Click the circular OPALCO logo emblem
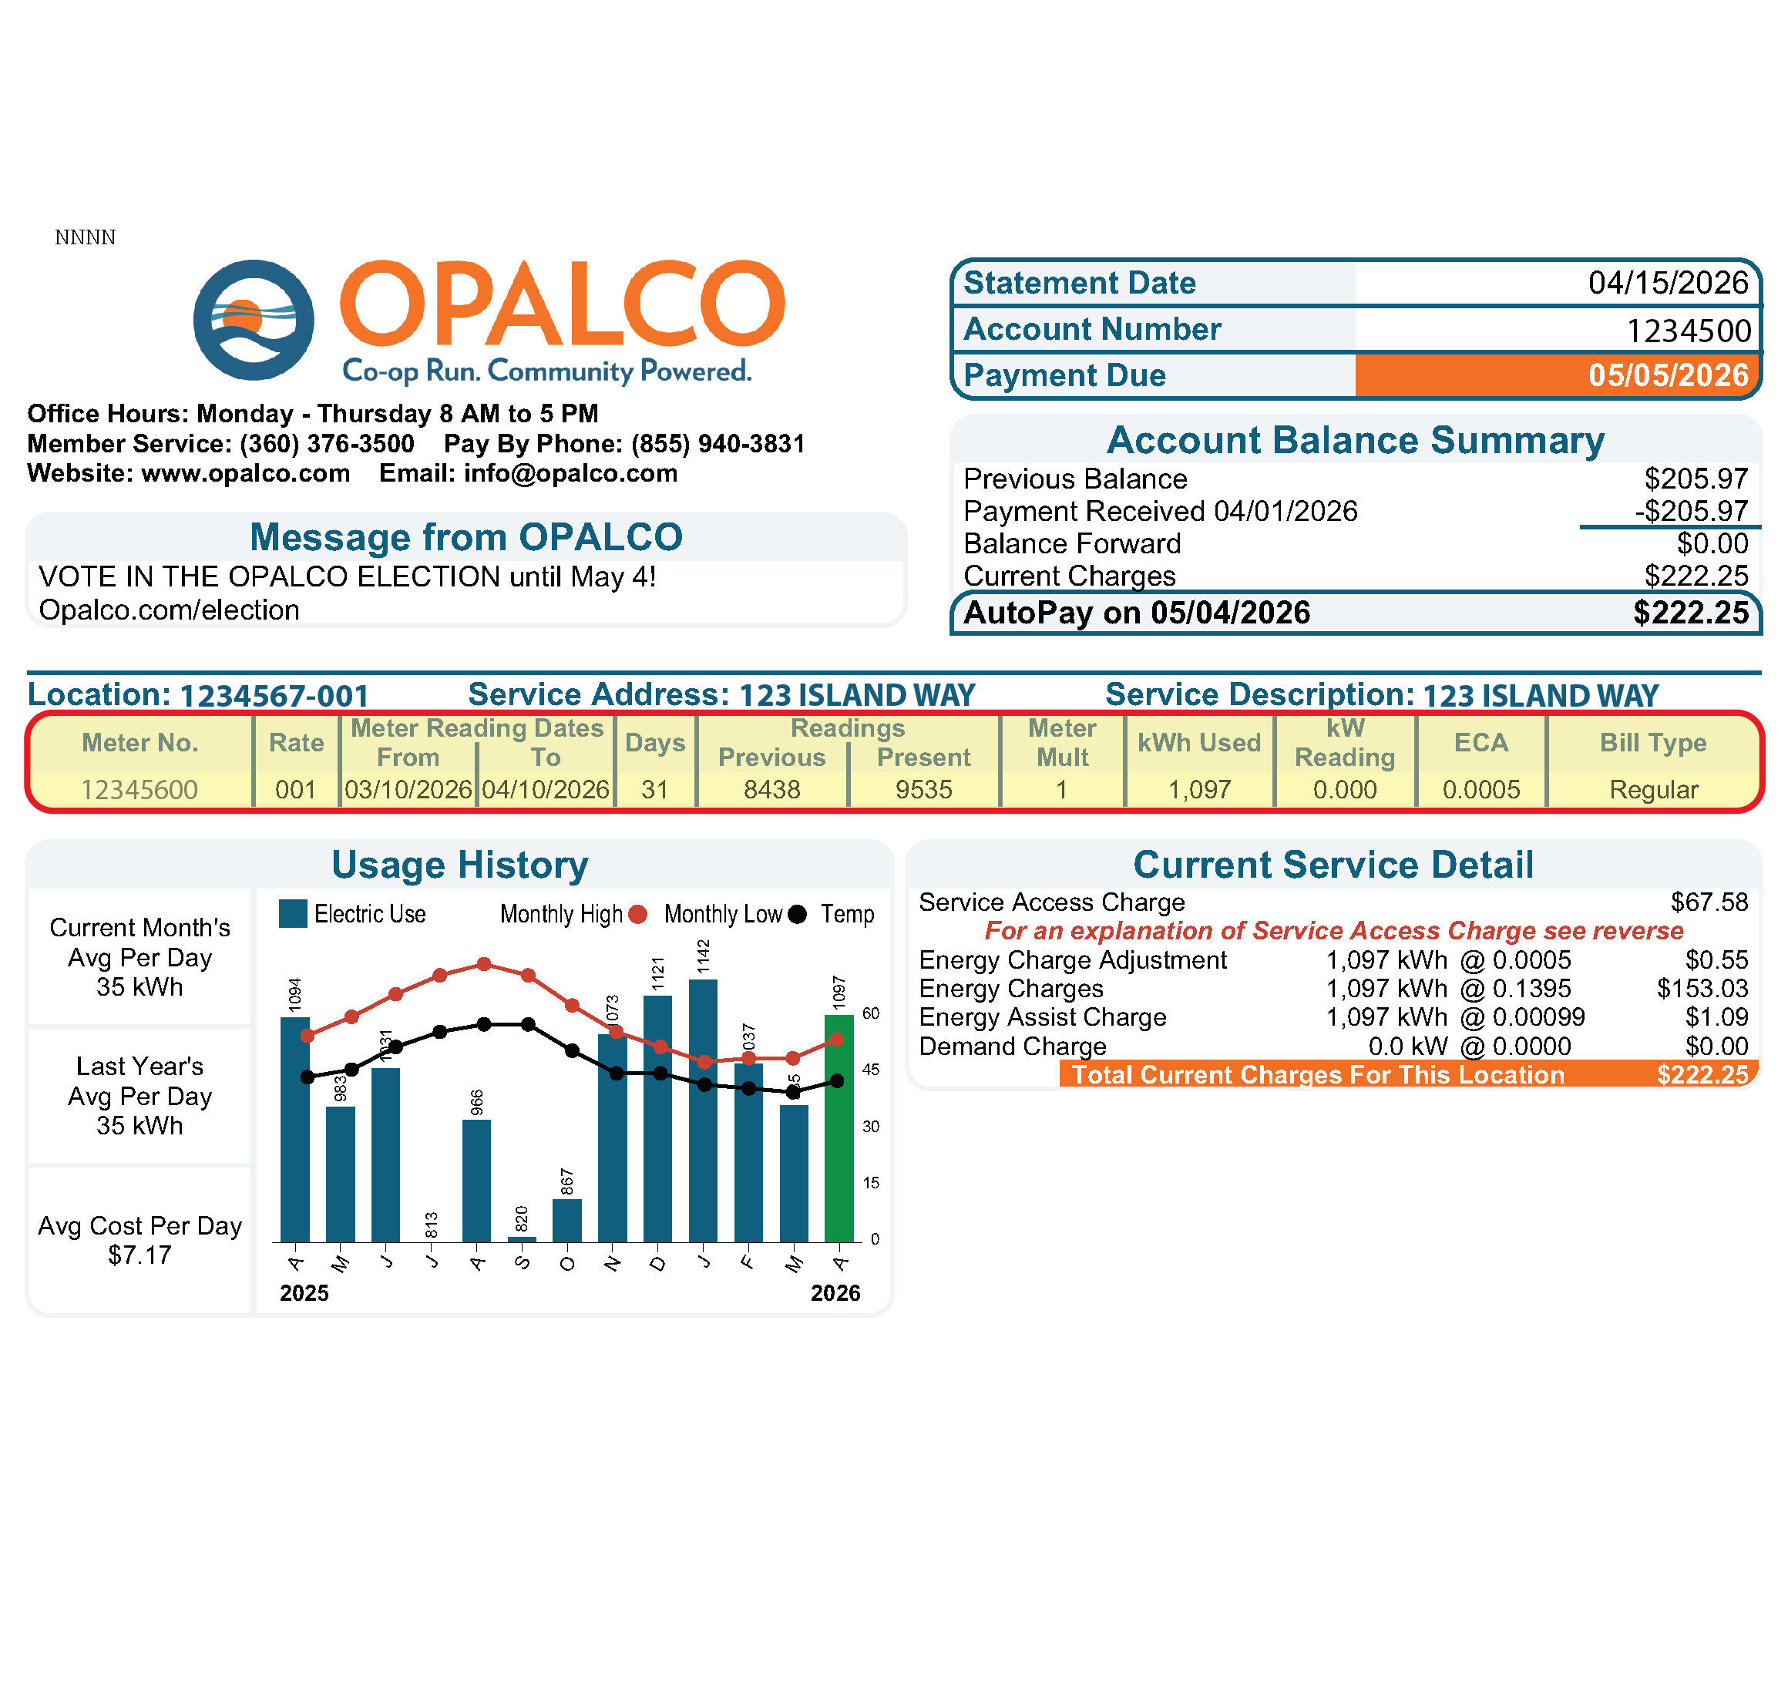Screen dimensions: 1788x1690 [254, 320]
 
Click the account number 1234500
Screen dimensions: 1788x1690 [1688, 331]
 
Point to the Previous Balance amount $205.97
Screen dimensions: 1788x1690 [1696, 479]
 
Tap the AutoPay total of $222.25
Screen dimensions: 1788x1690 [1691, 613]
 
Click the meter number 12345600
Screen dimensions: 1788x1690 [139, 790]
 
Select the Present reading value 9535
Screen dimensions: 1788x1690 [923, 790]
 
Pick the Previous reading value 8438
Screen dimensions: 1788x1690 [772, 790]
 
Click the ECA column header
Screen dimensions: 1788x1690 [1480, 742]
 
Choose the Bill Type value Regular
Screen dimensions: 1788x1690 [1653, 790]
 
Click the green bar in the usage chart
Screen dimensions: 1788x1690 [839, 1128]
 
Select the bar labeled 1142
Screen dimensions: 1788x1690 [703, 1110]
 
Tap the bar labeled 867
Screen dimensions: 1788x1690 [566, 1220]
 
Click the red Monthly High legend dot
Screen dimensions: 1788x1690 [637, 915]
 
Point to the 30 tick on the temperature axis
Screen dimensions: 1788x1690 [870, 1126]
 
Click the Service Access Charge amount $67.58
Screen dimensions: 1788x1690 [1709, 902]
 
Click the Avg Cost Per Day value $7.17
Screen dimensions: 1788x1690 [139, 1255]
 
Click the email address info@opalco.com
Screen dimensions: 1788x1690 [570, 473]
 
